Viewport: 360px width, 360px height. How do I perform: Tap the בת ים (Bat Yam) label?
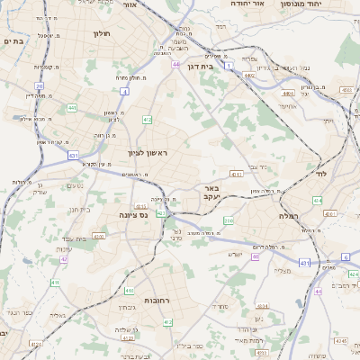click(x=12, y=40)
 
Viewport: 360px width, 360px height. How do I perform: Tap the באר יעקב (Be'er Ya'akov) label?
click(x=226, y=193)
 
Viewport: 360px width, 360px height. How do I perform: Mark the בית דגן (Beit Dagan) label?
click(x=207, y=66)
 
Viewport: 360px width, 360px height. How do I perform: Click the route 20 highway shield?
click(x=40, y=85)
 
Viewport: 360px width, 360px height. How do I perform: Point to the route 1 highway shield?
click(x=229, y=66)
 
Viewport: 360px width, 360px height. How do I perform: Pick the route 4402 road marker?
click(x=248, y=76)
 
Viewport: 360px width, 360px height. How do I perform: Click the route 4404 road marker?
click(x=288, y=93)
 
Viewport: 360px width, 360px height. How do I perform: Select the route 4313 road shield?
click(x=237, y=173)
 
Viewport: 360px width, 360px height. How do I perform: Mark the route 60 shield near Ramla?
click(x=255, y=256)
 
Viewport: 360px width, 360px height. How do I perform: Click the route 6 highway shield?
click(x=346, y=256)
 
